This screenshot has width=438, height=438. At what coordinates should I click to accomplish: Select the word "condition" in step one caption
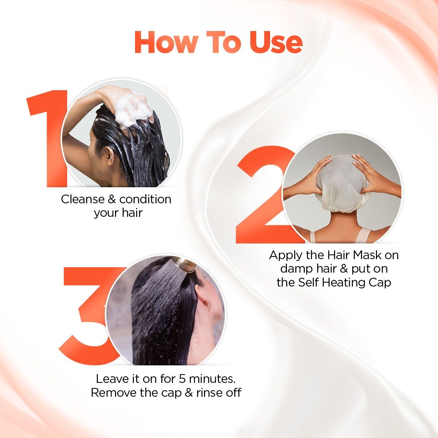pos(145,199)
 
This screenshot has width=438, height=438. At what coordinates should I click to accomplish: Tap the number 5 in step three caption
pos(182,379)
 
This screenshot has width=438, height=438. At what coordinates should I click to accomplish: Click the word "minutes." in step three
pos(212,379)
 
